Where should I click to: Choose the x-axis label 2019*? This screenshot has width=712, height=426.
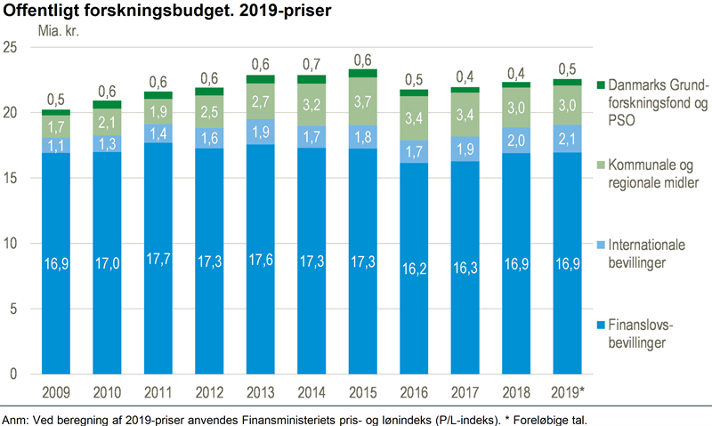[567, 391]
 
